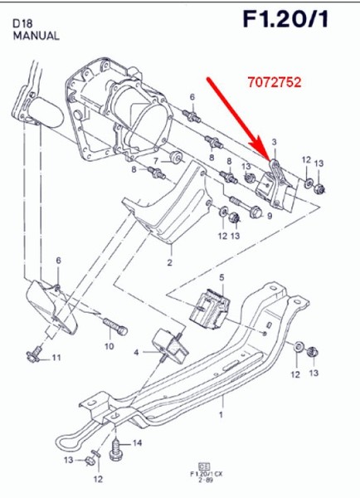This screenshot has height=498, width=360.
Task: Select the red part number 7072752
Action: click(274, 83)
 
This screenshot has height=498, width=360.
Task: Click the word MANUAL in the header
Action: click(36, 36)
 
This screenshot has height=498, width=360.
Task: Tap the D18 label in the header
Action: click(22, 23)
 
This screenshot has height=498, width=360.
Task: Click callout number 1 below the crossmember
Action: click(221, 413)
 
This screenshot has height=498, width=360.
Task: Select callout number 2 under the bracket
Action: click(169, 263)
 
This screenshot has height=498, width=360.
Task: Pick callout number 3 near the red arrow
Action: click(275, 142)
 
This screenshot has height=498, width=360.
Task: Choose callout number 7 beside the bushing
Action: click(154, 159)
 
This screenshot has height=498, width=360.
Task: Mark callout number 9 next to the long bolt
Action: click(269, 216)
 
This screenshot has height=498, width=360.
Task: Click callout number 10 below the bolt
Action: click(109, 345)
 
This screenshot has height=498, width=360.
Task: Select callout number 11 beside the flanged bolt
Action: click(56, 358)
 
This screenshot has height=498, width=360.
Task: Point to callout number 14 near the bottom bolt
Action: click(138, 442)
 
